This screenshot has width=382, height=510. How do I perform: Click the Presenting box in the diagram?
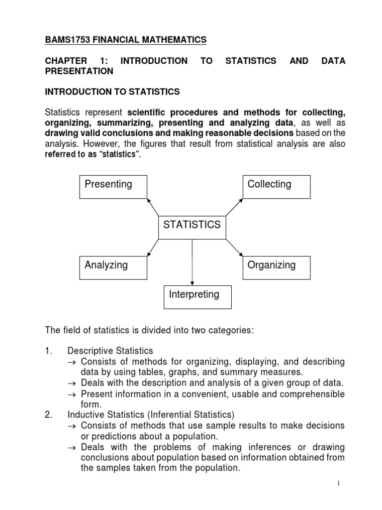(x=113, y=186)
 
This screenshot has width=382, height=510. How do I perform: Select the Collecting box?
(x=276, y=186)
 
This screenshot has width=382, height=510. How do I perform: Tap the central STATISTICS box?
(x=192, y=227)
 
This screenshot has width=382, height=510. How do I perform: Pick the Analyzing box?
(x=113, y=267)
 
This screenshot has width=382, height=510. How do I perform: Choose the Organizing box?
(x=276, y=267)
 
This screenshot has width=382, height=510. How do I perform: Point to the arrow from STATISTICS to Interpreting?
(x=192, y=261)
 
